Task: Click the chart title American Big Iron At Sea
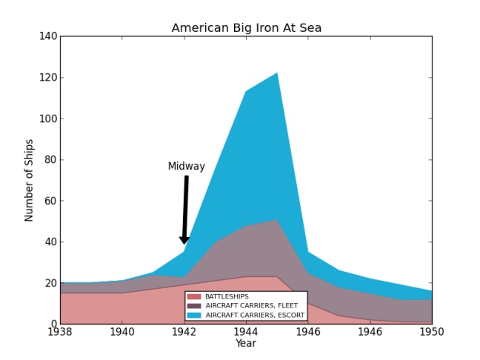(x=247, y=28)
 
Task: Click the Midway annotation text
(x=186, y=167)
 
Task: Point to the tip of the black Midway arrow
(x=184, y=244)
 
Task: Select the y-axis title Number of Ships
(x=30, y=180)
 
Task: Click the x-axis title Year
(x=246, y=344)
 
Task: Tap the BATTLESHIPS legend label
(x=227, y=296)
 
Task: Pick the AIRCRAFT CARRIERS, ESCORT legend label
(x=255, y=315)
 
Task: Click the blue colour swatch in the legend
(x=194, y=315)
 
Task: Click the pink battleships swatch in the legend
(x=194, y=296)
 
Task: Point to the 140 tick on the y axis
(x=45, y=36)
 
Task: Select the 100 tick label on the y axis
(x=45, y=78)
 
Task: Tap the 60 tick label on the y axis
(x=48, y=201)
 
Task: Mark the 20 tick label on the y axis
(x=48, y=283)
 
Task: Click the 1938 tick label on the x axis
(x=60, y=333)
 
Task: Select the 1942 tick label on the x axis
(x=184, y=333)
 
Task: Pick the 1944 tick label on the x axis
(x=246, y=333)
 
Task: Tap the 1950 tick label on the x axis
(x=432, y=333)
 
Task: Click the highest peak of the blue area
(x=277, y=73)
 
